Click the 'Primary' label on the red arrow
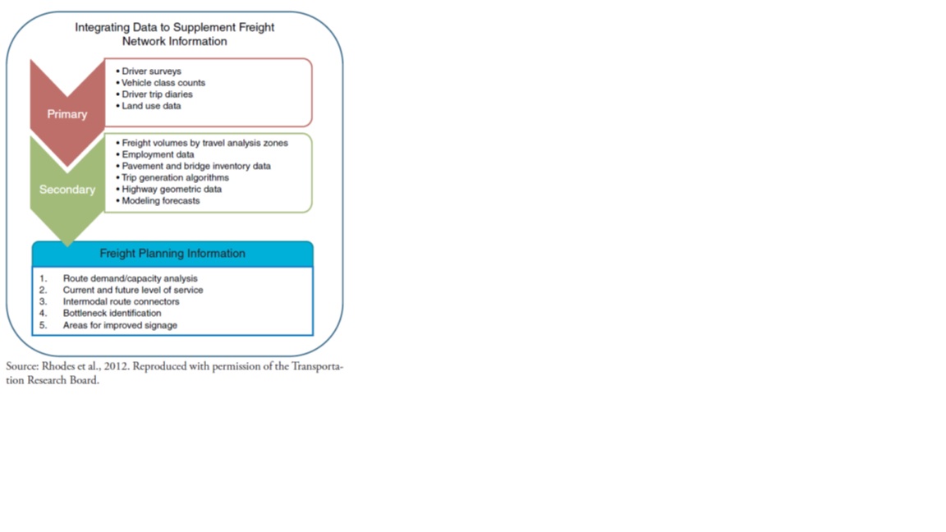(67, 114)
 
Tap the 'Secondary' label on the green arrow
(67, 190)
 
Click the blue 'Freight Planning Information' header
(172, 254)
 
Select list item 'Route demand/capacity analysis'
(131, 278)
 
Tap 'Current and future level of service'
(133, 290)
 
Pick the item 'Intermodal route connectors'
(122, 301)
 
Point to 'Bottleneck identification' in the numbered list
(113, 313)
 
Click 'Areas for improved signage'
(120, 325)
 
